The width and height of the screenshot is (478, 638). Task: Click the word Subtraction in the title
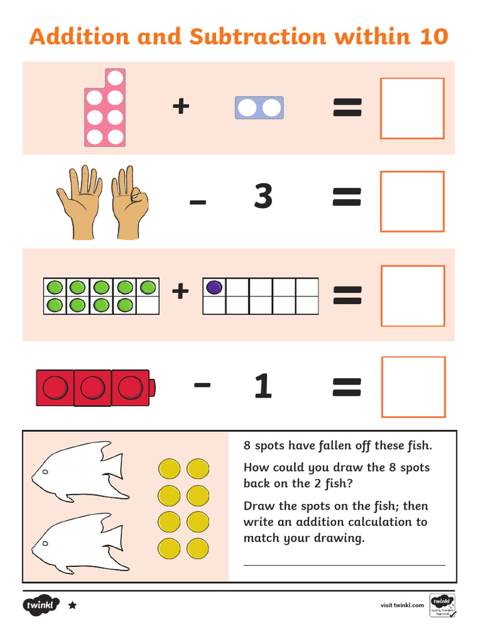258,37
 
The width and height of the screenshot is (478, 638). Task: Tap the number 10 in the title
433,37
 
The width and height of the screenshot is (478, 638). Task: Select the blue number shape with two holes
259,108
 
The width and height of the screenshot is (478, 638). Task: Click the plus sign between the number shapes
180,107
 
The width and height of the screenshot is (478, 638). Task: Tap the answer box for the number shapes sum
412,108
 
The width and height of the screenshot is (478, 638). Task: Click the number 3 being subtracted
263,198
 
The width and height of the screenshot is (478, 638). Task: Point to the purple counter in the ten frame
214,287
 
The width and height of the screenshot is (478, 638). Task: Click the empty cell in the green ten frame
148,305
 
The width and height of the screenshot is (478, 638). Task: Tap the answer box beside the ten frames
413,296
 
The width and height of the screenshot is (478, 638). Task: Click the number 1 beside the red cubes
263,387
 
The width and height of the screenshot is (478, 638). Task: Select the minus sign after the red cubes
202,385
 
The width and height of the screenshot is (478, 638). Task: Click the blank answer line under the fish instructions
344,564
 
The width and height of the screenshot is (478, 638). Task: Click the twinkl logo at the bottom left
41,605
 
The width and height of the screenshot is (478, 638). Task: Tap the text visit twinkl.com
402,605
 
